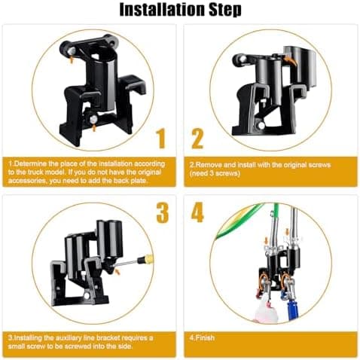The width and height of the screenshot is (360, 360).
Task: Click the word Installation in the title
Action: (x=163, y=10)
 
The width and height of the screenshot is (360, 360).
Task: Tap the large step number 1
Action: (x=161, y=139)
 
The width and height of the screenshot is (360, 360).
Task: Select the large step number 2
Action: (x=197, y=139)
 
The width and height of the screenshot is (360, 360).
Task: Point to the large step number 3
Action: (x=163, y=212)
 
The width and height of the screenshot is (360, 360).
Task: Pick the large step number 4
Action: (x=197, y=212)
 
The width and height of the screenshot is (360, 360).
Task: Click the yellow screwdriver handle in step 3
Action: (x=148, y=258)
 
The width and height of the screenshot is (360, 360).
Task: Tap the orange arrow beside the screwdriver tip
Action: (x=117, y=271)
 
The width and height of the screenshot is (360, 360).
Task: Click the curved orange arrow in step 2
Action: (x=291, y=59)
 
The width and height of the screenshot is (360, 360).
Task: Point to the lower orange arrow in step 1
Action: (x=93, y=128)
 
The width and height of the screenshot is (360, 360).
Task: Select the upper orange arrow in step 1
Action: (x=72, y=59)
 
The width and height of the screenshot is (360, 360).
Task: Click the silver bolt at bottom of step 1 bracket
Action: (x=93, y=119)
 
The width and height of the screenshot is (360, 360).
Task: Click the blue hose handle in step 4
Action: (x=292, y=309)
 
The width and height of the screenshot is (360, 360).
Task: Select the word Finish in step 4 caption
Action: (x=205, y=337)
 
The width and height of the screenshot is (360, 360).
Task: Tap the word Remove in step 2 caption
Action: (x=209, y=165)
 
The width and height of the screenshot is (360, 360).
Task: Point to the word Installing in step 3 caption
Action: (x=27, y=337)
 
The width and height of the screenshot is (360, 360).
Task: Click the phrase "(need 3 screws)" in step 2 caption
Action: (x=215, y=173)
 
